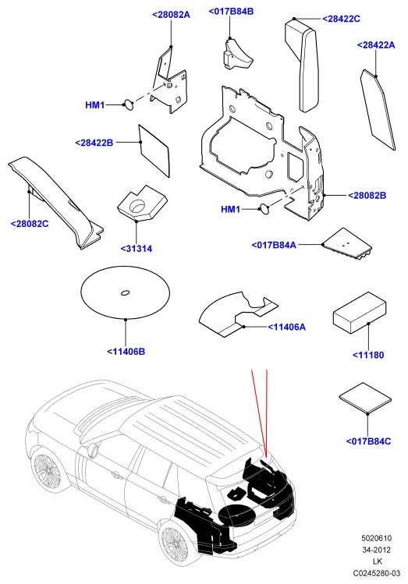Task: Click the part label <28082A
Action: pyautogui.click(x=171, y=15)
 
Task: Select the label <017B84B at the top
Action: pyautogui.click(x=231, y=11)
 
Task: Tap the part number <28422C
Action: pyautogui.click(x=341, y=19)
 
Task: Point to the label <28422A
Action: pyautogui.click(x=375, y=44)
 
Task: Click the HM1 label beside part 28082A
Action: pyautogui.click(x=95, y=105)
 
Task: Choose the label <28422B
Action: pyautogui.click(x=94, y=143)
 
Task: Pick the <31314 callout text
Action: pyautogui.click(x=137, y=249)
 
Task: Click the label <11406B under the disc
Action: pyautogui.click(x=126, y=351)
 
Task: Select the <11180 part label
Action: pyautogui.click(x=368, y=355)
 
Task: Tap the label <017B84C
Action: pyautogui.click(x=368, y=441)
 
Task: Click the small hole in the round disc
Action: pyautogui.click(x=125, y=292)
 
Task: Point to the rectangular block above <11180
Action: pyautogui.click(x=358, y=312)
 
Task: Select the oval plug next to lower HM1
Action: pyautogui.click(x=264, y=209)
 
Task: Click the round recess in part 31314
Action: pyautogui.click(x=137, y=206)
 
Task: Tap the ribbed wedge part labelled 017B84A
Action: pyautogui.click(x=347, y=243)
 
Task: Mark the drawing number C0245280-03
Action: pyautogui.click(x=377, y=573)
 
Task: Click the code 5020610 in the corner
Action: pyautogui.click(x=376, y=538)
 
